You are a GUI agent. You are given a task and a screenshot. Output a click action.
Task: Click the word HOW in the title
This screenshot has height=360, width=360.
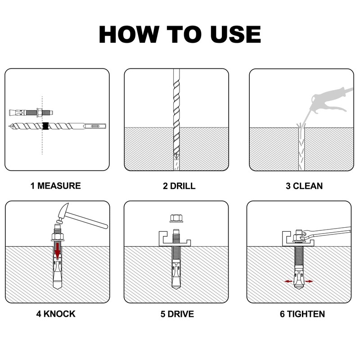click(x=129, y=35)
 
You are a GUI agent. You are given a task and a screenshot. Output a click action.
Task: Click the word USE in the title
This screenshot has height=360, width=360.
click(x=236, y=35)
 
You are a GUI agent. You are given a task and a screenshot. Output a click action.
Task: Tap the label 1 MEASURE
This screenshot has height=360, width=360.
click(x=55, y=186)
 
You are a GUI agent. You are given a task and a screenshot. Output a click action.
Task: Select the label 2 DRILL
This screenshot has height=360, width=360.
click(x=179, y=186)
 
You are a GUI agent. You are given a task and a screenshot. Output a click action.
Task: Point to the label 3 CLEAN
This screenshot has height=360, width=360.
click(x=304, y=186)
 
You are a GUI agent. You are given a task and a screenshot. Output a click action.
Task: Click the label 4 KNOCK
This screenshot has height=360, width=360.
click(x=56, y=314)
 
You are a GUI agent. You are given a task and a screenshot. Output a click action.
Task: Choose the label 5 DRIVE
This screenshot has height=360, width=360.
click(x=177, y=314)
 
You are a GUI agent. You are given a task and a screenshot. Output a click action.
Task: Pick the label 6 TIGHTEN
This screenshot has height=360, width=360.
click(x=302, y=314)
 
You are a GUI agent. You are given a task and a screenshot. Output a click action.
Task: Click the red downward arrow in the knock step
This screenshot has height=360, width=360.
click(x=58, y=251)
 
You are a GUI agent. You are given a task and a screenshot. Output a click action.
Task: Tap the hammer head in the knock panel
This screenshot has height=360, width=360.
click(x=63, y=212)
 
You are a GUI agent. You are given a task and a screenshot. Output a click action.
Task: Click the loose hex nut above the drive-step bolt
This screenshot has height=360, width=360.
click(x=176, y=218)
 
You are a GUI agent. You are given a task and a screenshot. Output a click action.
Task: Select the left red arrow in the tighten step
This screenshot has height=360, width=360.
click(x=288, y=281)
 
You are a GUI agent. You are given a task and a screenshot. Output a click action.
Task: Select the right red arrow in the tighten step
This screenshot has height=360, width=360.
click(x=309, y=281)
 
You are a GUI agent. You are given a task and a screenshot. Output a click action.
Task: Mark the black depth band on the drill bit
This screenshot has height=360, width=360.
click(x=46, y=126)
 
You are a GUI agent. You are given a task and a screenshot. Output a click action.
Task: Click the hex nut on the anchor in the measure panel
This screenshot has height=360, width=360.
click(x=39, y=112)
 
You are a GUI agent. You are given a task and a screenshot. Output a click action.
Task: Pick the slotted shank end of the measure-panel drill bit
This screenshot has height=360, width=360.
click(x=95, y=126)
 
